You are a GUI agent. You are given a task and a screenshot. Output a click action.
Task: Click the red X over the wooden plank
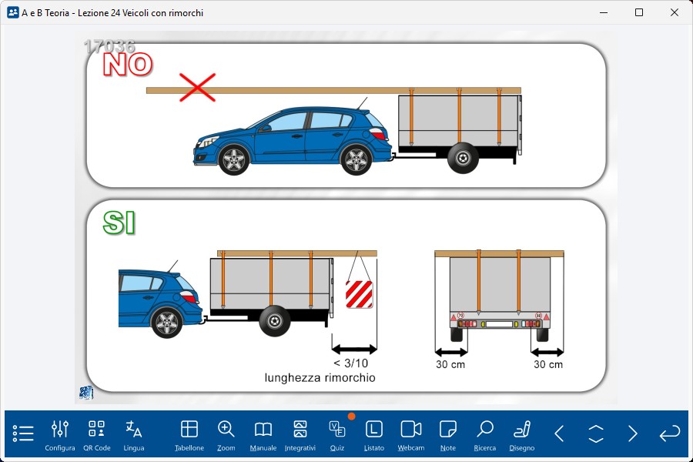(x=197, y=87)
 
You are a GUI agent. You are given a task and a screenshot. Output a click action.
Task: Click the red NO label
(x=128, y=65)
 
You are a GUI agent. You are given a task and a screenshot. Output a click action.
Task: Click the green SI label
(x=119, y=223)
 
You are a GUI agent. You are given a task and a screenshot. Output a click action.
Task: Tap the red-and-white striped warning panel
(x=359, y=294)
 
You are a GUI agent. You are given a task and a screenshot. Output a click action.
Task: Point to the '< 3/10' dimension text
(x=350, y=363)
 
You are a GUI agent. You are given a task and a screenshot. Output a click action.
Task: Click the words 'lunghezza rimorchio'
(x=320, y=377)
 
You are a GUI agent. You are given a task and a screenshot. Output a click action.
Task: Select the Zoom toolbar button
(x=226, y=436)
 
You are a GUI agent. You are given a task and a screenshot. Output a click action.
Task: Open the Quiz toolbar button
(x=337, y=436)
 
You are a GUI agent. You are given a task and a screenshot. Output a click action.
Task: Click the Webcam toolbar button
(x=411, y=436)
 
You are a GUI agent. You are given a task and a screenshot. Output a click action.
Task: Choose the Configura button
(x=59, y=436)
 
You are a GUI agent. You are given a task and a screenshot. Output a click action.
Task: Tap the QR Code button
(x=97, y=436)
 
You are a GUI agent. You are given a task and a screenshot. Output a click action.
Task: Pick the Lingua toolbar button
(x=134, y=436)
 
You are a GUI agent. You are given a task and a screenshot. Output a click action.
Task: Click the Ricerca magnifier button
(x=485, y=436)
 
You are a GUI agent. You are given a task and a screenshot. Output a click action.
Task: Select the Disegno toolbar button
(x=522, y=436)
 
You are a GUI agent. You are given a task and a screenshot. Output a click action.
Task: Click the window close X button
(x=675, y=12)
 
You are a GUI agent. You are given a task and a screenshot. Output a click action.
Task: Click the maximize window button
(x=639, y=12)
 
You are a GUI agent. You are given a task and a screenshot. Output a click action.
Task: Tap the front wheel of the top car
(x=233, y=160)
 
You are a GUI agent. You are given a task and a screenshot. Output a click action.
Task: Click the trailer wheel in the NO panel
(x=463, y=158)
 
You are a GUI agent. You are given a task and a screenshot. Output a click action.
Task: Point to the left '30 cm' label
(x=450, y=364)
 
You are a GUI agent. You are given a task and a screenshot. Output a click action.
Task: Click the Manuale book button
(x=263, y=436)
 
